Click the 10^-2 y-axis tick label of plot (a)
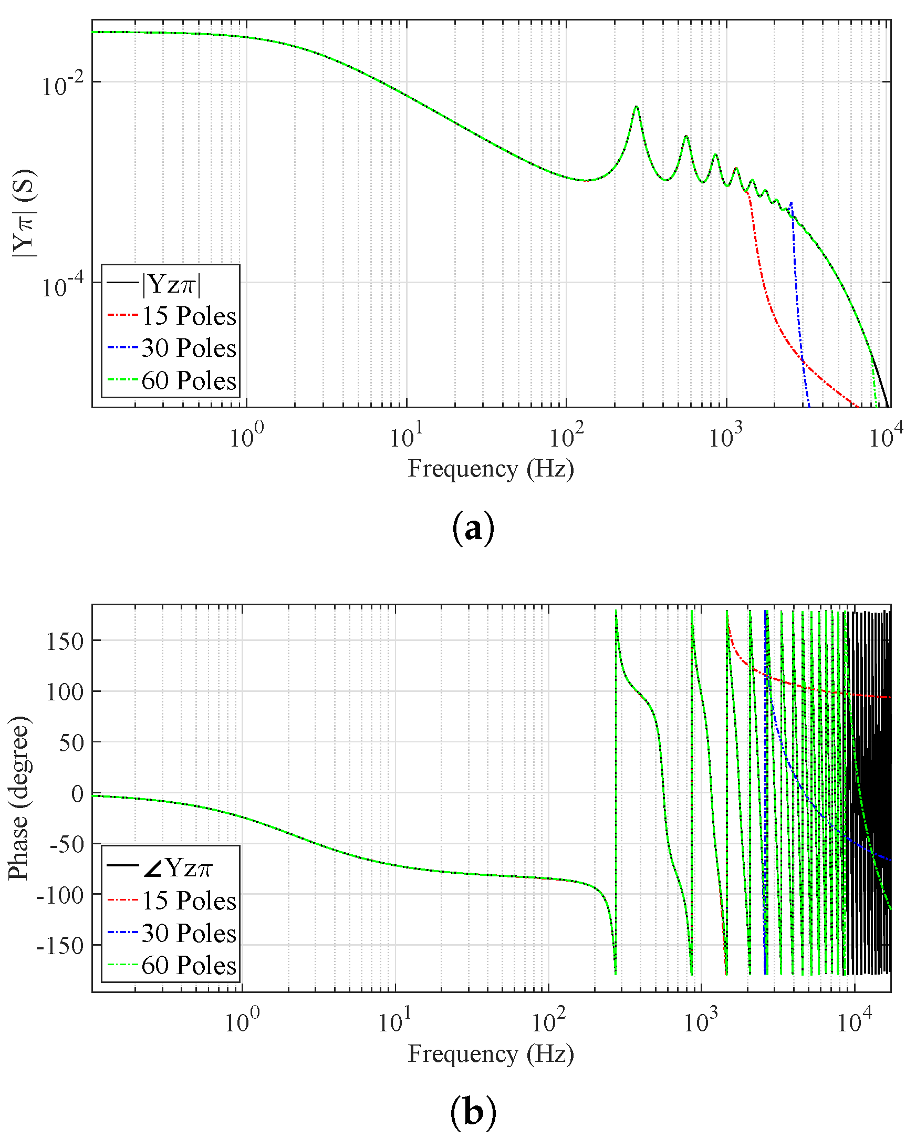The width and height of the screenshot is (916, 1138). click(63, 85)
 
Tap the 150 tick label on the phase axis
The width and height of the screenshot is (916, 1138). click(65, 642)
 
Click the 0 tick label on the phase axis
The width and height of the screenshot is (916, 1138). click(77, 793)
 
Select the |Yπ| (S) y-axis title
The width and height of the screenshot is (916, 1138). click(24, 213)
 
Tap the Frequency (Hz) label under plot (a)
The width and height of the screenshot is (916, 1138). click(491, 469)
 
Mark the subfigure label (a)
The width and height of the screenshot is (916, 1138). click(473, 529)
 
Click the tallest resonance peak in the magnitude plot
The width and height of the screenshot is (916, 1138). click(637, 107)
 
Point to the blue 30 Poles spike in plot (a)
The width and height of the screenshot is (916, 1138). click(790, 203)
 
